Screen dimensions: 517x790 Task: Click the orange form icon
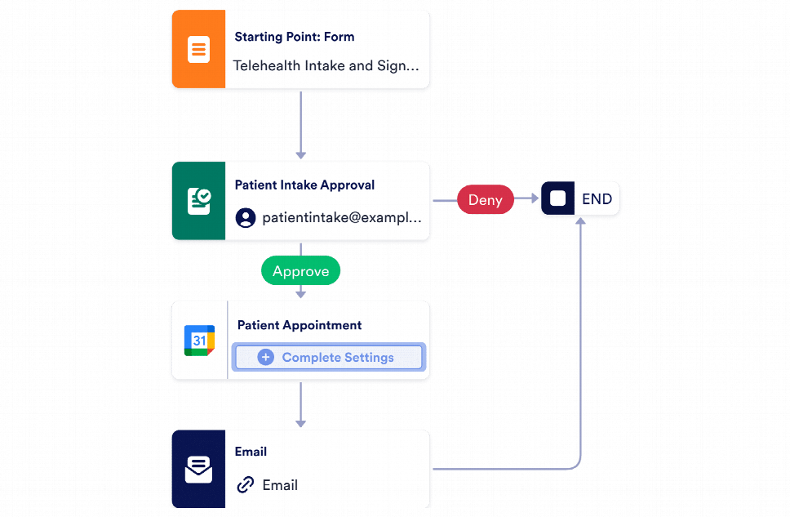197,50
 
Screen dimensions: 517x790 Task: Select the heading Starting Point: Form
294,37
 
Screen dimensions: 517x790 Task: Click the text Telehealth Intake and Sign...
326,65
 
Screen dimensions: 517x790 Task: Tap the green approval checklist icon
198,201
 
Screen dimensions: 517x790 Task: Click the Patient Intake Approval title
304,185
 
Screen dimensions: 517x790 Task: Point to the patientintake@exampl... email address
341,218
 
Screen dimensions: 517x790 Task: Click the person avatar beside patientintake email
245,218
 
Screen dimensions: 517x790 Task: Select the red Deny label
485,199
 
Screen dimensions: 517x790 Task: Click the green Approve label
300,271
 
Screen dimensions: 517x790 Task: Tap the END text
597,198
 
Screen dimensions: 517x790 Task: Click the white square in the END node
558,198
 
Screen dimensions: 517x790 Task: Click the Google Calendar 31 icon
199,341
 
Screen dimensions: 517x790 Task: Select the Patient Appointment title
299,325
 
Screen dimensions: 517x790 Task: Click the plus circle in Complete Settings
265,357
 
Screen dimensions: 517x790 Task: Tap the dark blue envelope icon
198,470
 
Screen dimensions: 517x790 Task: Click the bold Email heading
251,452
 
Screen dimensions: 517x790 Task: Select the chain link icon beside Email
245,485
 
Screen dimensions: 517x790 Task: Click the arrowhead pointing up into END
580,224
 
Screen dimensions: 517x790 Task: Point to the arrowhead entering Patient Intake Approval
300,154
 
